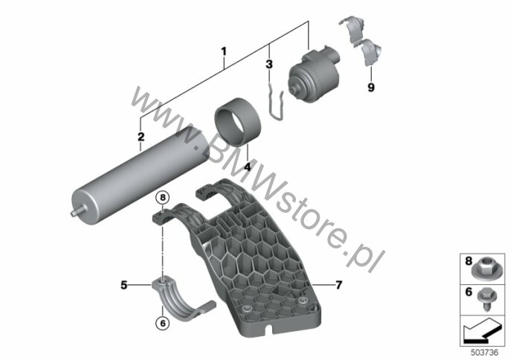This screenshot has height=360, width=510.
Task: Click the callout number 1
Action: [x=224, y=51]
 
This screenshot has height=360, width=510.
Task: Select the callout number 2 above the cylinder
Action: [x=141, y=137]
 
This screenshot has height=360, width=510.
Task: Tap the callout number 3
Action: [x=269, y=65]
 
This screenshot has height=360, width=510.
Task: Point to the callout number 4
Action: [x=248, y=167]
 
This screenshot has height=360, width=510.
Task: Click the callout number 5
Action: [x=124, y=285]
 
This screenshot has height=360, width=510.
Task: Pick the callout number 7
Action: [x=338, y=285]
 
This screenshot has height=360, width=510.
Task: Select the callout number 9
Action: [x=371, y=87]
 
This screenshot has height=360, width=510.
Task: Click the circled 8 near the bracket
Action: [x=163, y=197]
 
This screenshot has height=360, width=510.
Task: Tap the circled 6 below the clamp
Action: [x=163, y=323]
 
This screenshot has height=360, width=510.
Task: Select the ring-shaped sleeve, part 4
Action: [x=238, y=120]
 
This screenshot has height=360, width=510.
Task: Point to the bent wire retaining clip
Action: [x=276, y=100]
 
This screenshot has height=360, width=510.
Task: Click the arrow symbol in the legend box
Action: [x=481, y=331]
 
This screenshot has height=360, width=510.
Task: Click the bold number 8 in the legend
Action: [x=468, y=261]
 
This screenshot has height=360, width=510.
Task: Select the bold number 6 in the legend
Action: [x=468, y=292]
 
